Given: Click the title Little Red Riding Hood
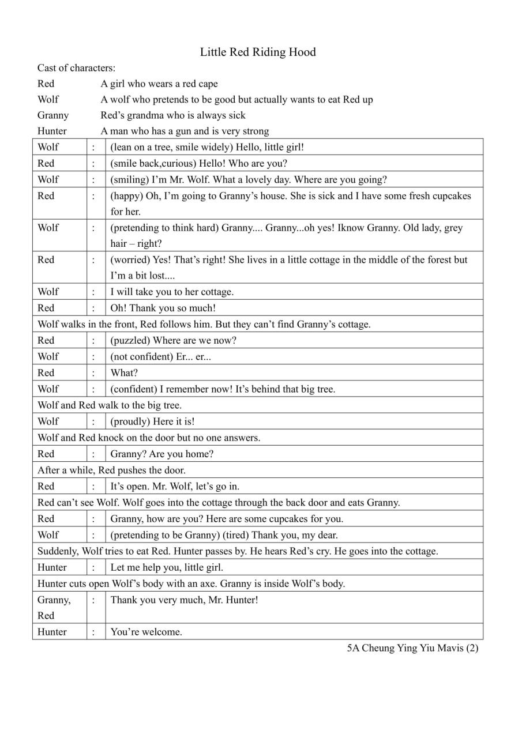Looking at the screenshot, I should point(258,52).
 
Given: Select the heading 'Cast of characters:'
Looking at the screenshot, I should point(76,68).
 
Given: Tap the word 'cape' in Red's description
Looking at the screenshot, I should point(208,84).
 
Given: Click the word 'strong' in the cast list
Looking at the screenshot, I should point(255,131).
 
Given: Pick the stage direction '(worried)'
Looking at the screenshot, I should point(130,260).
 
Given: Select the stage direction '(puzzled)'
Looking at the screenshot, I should point(130,341).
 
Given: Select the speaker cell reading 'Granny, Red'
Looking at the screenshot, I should point(54,608).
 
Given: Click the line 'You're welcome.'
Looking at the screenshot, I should point(147,632).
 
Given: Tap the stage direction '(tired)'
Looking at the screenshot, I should point(236,535).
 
